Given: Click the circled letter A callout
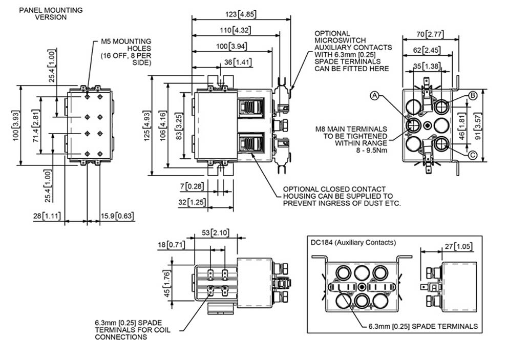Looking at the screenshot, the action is [375, 96].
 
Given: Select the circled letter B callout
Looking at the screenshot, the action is [473, 96].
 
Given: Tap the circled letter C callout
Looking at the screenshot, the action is [473, 155].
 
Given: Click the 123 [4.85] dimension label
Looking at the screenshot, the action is [240, 14].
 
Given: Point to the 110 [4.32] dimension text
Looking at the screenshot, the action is [236, 30].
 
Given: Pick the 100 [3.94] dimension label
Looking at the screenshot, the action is [231, 46].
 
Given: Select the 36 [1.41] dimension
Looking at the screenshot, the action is [238, 62].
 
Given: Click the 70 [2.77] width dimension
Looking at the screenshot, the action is [430, 34].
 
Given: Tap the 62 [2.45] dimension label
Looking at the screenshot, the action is [427, 50].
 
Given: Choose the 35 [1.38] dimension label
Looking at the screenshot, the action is [427, 66].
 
